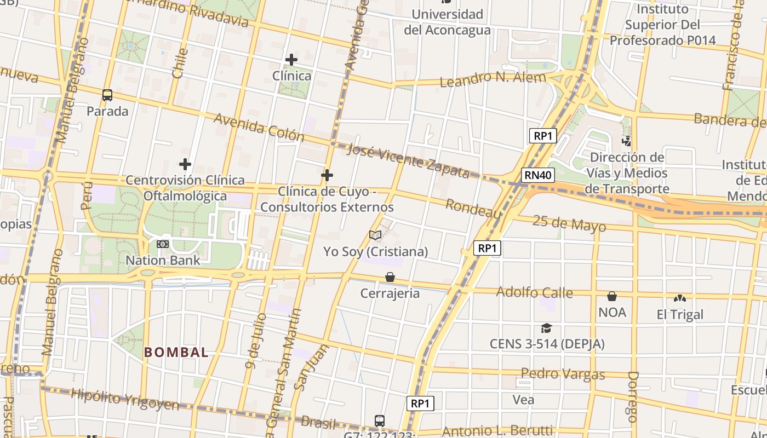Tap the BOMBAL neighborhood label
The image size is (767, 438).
pos(176,353)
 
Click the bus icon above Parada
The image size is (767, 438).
pos(107,95)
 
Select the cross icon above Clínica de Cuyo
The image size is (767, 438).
pos(327,175)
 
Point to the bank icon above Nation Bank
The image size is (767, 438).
pos(163,244)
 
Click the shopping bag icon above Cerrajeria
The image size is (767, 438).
pos(390,277)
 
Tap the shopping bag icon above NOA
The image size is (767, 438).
pos(612,296)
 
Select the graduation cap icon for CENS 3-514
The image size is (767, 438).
pos(546,328)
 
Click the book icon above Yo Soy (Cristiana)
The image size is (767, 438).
pos(375,235)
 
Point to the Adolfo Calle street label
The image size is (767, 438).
pos(534,292)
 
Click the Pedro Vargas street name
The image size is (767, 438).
pos(563,374)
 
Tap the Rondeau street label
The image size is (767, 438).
pos(473,209)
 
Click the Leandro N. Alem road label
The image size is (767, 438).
pos(493,79)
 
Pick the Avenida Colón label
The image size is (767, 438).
pos(259,127)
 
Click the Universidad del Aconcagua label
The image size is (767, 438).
pos(447,22)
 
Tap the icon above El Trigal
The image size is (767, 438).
pos(680,298)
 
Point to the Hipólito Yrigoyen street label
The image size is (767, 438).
pos(125,400)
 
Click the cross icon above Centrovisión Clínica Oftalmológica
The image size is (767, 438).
pos(185,164)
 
